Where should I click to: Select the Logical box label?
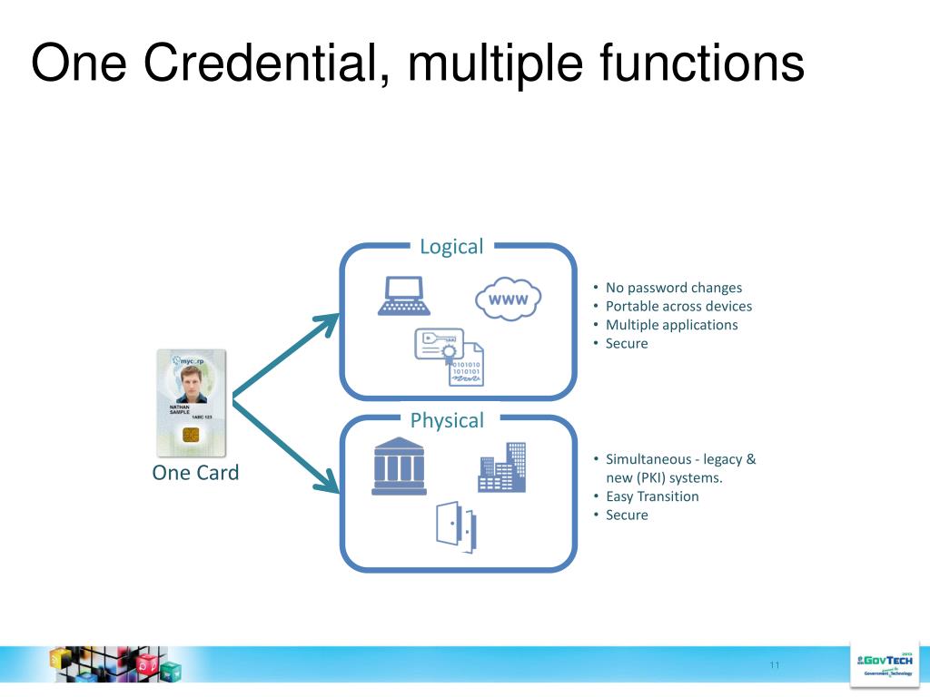[x=451, y=246]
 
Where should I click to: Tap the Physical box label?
[x=447, y=420]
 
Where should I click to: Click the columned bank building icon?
[x=399, y=466]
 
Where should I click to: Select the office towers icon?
[x=502, y=467]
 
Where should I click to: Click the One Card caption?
[x=195, y=473]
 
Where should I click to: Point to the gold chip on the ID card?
[x=191, y=435]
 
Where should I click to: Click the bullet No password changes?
[x=673, y=288]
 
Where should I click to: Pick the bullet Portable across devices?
[x=678, y=306]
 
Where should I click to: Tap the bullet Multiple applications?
[x=671, y=325]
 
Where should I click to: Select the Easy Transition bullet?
[x=652, y=496]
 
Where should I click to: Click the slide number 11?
[x=774, y=666]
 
